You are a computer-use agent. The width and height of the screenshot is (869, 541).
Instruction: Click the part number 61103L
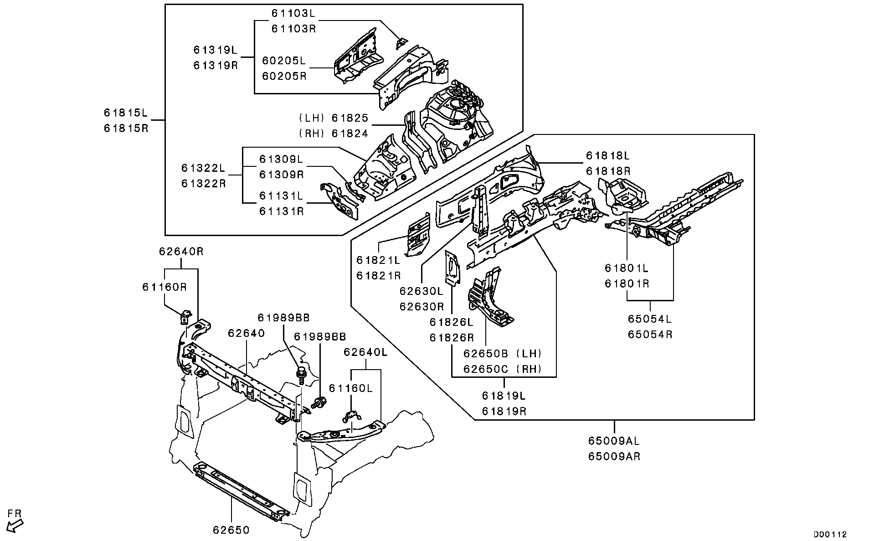tap(293, 13)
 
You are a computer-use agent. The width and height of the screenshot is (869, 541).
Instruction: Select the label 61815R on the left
tap(126, 128)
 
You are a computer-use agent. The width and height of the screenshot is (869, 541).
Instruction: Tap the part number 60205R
tap(284, 76)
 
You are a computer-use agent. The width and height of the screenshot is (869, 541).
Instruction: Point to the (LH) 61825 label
tap(334, 118)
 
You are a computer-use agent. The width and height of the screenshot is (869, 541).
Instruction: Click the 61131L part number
tap(281, 196)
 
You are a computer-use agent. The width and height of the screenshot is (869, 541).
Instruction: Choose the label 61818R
tap(607, 171)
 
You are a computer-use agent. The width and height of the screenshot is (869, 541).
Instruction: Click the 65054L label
tap(650, 319)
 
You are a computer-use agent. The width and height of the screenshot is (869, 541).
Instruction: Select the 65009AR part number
tap(614, 456)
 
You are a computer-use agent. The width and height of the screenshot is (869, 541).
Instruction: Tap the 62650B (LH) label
tap(502, 353)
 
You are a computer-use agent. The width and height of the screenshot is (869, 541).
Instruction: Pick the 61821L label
tap(378, 260)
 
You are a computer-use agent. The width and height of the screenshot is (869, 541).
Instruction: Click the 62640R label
tap(181, 251)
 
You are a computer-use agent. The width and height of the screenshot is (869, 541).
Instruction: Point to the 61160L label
tap(350, 388)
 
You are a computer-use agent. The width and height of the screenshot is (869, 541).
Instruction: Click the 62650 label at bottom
tap(231, 530)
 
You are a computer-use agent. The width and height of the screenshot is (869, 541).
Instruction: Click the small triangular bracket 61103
tap(401, 43)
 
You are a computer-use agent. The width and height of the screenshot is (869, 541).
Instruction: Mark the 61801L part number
tap(627, 268)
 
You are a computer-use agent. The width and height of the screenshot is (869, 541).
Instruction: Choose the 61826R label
tap(451, 337)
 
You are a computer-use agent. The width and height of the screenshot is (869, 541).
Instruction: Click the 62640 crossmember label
tap(246, 333)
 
